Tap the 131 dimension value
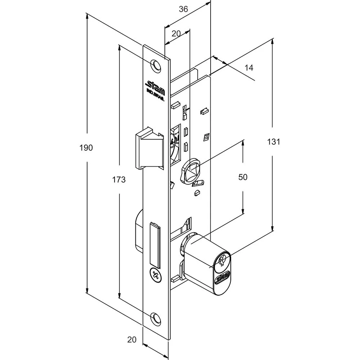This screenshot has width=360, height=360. [274, 141]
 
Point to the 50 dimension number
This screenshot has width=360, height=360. [243, 177]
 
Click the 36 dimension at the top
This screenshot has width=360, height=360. [183, 9]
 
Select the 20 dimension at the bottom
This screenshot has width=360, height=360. [132, 339]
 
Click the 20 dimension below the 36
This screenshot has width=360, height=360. [176, 33]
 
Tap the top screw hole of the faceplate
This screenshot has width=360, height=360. [155, 65]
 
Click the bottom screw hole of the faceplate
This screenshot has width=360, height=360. [156, 318]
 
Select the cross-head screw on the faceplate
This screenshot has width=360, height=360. [156, 276]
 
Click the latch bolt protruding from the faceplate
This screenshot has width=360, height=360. [148, 147]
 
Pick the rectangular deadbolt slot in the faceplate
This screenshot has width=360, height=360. [155, 243]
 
